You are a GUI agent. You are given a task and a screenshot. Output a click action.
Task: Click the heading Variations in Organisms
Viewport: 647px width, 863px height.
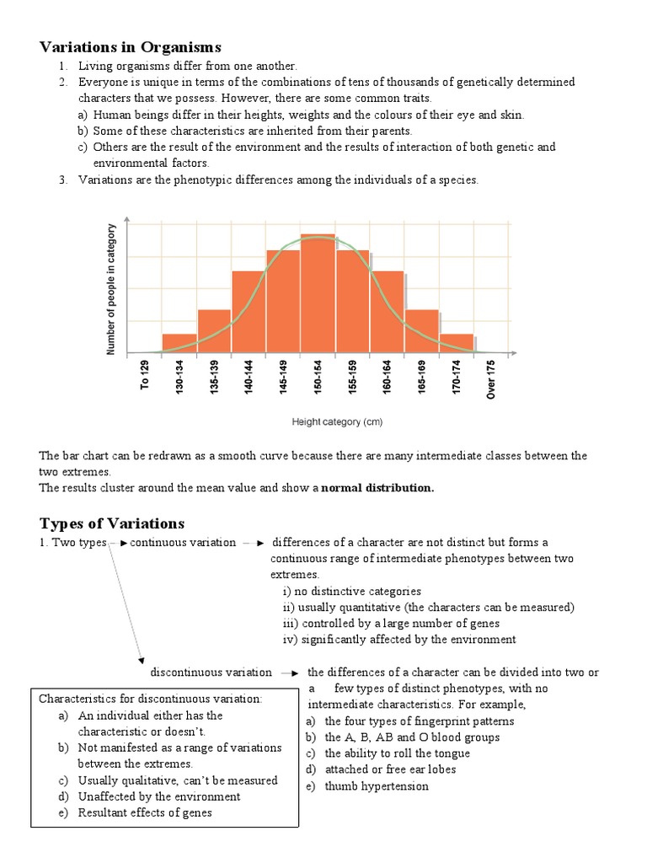pos(130,46)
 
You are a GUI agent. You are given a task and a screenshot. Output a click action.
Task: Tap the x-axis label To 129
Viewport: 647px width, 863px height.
pos(145,375)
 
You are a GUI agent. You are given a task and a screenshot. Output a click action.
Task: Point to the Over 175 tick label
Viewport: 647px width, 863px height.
pos(491,378)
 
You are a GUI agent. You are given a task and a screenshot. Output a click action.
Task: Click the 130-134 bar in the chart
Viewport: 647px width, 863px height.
pos(179,343)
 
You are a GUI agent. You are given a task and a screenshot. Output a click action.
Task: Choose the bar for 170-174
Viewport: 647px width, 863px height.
pos(457,343)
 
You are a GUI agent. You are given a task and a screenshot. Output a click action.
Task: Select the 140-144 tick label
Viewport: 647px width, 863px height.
pos(249,378)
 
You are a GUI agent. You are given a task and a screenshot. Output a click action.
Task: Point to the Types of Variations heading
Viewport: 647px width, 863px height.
pos(111,523)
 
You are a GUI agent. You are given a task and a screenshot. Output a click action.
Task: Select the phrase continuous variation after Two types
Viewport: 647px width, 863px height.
pos(183,542)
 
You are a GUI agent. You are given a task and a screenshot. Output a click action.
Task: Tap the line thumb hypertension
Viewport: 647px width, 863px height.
pos(376,785)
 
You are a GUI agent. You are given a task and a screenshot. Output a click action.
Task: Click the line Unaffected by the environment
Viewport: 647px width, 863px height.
pos(158,796)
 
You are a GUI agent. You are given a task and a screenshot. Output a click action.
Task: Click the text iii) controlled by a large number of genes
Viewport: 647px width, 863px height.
pos(391,623)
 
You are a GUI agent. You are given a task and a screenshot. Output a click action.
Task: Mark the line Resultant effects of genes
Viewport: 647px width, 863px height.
pos(145,812)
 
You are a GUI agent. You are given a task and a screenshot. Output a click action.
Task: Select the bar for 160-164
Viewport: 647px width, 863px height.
pos(388,312)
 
